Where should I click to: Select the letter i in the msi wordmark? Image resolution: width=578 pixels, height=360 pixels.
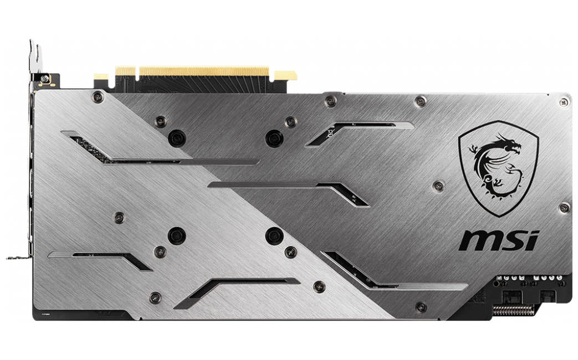pos(533,240)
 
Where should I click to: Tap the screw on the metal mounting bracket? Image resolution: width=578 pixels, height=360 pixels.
pos(45,78)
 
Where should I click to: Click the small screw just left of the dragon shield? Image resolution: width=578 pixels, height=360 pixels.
pos(438,186)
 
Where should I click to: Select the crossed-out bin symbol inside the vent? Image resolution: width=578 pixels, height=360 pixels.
pos(331,132)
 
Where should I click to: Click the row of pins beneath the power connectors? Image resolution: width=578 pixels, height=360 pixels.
pos(514,310)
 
